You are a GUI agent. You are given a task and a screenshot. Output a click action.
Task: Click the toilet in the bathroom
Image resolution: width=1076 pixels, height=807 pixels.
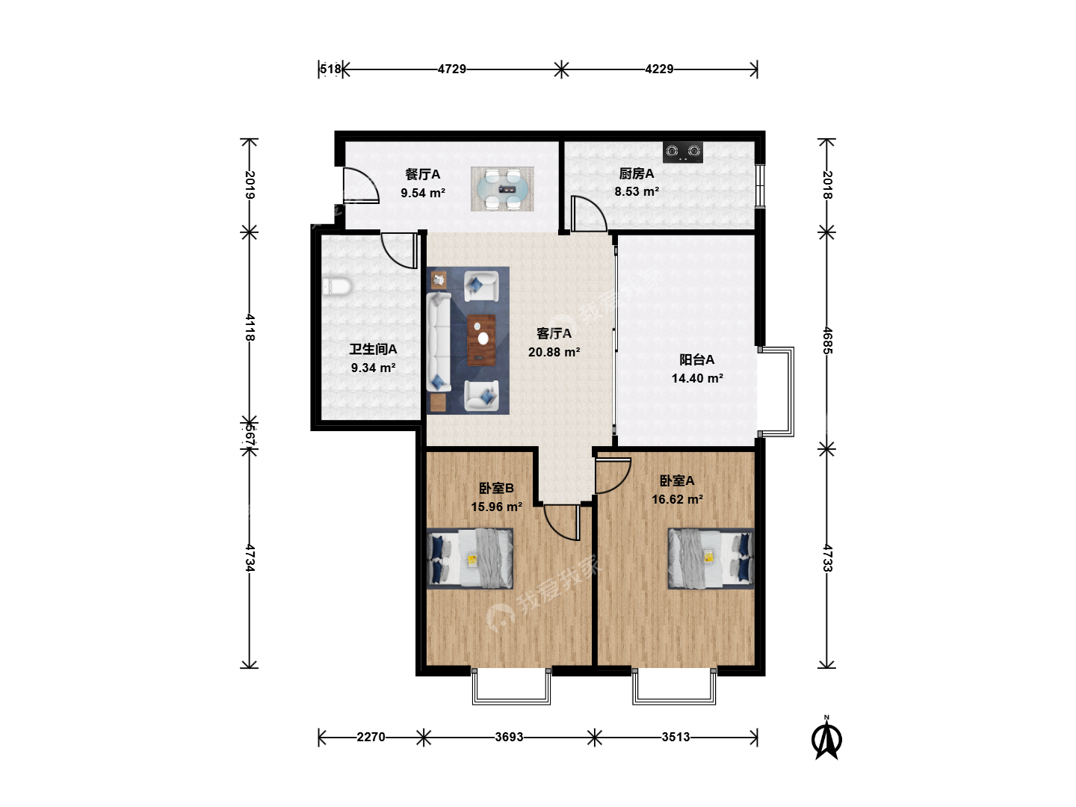(x=337, y=287)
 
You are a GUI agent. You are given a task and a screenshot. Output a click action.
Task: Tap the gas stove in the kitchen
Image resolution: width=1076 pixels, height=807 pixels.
(x=682, y=152)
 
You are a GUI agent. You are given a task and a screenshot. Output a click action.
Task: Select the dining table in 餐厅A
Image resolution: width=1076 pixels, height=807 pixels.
(x=502, y=189)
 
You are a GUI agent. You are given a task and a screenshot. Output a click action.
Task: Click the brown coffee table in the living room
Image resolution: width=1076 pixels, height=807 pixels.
(x=481, y=340)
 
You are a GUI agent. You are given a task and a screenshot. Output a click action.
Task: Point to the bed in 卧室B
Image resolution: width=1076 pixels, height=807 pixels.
(x=470, y=558)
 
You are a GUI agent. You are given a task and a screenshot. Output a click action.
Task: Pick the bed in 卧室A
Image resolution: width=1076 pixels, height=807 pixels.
(x=711, y=558)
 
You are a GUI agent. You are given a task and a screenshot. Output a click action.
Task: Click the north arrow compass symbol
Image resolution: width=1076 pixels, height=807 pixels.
(x=826, y=738)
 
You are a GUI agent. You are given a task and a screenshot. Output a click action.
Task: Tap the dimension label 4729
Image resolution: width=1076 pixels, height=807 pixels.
(x=451, y=69)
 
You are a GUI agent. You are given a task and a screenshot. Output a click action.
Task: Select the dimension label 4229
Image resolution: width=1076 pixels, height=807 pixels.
(x=659, y=69)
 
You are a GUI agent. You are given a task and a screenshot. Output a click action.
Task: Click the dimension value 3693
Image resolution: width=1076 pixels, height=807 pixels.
(x=509, y=737)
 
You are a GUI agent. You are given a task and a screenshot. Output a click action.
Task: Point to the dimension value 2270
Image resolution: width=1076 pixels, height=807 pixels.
(x=371, y=737)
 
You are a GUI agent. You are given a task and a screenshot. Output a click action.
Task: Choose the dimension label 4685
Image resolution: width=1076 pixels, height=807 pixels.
(x=827, y=341)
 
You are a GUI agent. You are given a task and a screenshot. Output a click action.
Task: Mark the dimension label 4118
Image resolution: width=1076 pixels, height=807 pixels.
(x=250, y=328)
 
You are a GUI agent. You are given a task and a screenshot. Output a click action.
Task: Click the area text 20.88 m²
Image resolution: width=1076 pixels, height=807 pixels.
(x=554, y=352)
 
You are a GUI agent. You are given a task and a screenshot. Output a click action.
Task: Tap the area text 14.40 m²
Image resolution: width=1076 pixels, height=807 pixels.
(x=697, y=378)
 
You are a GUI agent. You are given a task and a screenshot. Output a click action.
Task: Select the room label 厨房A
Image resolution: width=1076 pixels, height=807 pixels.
(x=637, y=173)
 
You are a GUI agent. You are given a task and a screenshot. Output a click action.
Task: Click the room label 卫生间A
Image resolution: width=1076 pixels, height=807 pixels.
(x=373, y=350)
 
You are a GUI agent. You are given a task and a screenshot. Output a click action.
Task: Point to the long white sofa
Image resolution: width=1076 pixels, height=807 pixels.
(x=439, y=342)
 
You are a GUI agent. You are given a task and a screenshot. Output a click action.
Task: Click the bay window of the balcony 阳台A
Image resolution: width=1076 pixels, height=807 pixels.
(x=776, y=392)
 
